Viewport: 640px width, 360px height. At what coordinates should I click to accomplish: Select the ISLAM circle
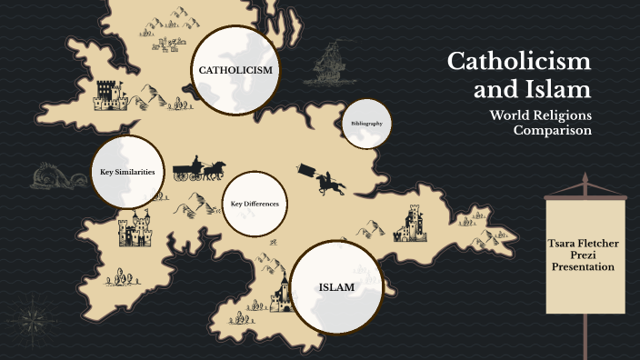click(336, 288)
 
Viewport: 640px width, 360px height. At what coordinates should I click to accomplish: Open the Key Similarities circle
click(127, 172)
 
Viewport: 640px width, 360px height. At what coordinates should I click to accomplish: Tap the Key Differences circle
click(255, 204)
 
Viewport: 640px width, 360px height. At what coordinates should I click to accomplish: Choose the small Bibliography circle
click(366, 123)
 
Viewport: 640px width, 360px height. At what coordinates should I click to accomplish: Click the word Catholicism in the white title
click(519, 62)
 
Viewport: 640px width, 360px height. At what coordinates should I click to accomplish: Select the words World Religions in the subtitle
click(541, 115)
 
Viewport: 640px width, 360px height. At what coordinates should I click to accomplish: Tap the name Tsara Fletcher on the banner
click(585, 245)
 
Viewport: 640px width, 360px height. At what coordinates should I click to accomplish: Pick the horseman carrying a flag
click(327, 180)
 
